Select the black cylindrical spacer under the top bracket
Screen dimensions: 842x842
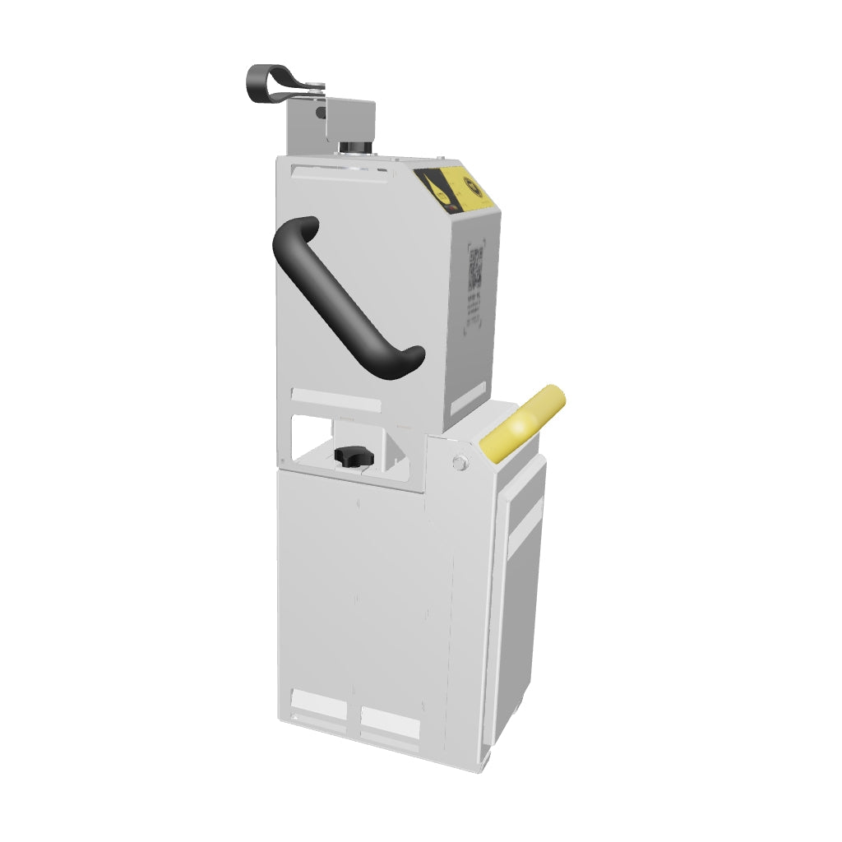coord(355,148)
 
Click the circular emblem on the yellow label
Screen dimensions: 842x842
coord(475,188)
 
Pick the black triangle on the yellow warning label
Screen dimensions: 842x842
coord(433,186)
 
